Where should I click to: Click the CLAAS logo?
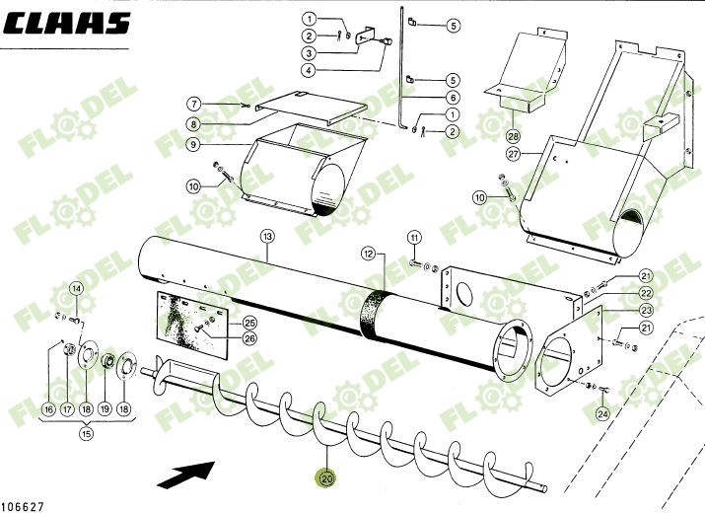66,24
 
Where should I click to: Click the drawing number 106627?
24,505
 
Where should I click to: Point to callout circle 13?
266,236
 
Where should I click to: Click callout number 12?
367,254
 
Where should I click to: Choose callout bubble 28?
513,135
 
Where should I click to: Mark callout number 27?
513,154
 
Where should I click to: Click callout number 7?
195,104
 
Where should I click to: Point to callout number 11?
414,237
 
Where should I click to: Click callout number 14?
77,289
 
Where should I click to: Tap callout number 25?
249,323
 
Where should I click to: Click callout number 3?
337,53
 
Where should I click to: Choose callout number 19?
106,408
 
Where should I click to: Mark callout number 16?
47,408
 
